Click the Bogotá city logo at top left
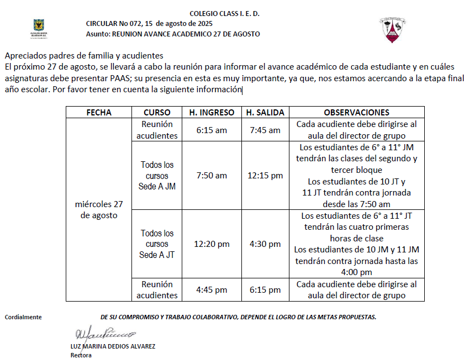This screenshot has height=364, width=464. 38,28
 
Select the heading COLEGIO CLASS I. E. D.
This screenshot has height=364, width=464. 224,13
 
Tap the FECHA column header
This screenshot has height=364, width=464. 99,112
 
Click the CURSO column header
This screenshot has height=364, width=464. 157,112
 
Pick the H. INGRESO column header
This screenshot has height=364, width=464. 212,112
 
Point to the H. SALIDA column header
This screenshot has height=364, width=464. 265,112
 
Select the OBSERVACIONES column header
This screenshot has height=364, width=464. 356,112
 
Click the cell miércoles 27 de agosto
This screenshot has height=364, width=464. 99,209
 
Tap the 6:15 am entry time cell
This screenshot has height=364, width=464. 212,130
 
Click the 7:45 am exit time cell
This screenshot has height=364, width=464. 265,130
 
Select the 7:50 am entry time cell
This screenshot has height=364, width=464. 212,176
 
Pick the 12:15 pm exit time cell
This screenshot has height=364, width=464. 265,176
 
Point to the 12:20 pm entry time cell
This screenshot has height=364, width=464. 212,244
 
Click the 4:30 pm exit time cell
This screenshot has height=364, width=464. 265,244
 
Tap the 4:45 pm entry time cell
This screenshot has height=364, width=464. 212,289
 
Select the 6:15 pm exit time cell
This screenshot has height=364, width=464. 265,289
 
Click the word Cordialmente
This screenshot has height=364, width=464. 23,317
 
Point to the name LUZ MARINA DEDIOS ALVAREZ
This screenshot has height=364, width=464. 113,346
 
